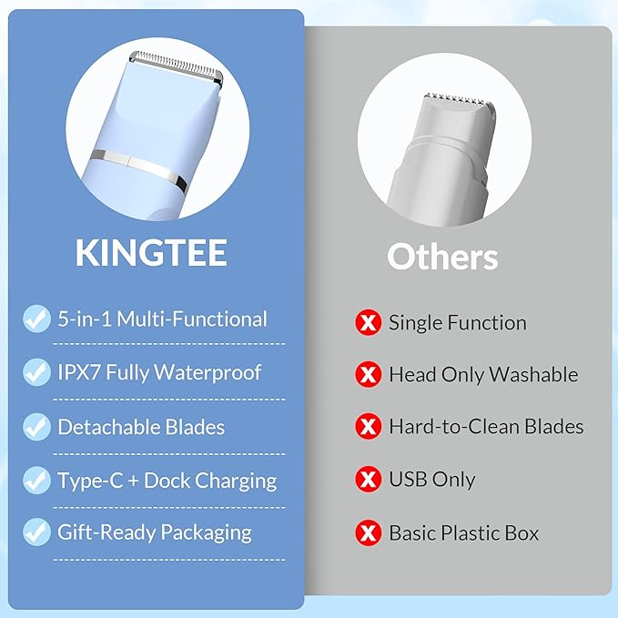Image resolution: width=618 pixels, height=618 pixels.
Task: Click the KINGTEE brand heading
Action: (151, 254)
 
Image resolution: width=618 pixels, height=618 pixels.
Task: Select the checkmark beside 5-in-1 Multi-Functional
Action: (37, 319)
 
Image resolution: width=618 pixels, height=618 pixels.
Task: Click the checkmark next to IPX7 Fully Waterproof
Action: (37, 372)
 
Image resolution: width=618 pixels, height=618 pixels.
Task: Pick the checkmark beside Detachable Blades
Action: (37, 426)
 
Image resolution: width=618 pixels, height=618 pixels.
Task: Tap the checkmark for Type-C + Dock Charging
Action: (37, 480)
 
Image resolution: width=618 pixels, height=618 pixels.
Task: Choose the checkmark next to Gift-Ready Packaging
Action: (37, 532)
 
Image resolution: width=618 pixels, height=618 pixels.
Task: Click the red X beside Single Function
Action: (368, 322)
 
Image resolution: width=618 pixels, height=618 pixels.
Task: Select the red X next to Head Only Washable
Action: (368, 374)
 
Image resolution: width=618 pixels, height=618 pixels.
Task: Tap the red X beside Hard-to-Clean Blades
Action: (368, 427)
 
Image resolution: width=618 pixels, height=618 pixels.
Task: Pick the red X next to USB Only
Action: (368, 480)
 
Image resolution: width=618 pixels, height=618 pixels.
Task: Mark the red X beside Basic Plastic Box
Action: (368, 532)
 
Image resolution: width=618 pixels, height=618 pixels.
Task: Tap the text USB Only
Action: (431, 480)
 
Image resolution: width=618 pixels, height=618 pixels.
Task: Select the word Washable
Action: (533, 374)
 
